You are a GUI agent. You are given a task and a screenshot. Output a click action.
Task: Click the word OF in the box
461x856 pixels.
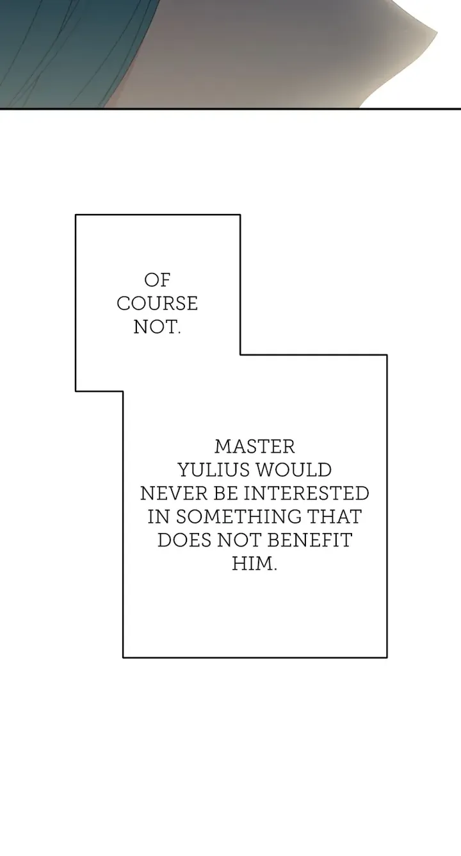coord(157,280)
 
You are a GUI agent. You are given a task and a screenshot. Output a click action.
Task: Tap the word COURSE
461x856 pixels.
coord(157,304)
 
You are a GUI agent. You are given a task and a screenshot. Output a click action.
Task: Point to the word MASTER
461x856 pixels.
coord(255,447)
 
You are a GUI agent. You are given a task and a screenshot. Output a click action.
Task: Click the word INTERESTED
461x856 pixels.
coord(306,493)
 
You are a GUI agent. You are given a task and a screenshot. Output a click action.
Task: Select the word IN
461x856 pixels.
coord(159,516)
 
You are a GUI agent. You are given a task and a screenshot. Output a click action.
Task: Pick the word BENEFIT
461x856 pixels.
coord(309,540)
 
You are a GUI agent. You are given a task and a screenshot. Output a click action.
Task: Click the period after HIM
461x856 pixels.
coord(274,570)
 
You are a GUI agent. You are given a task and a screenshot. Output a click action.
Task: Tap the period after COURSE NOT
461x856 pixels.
coord(179,333)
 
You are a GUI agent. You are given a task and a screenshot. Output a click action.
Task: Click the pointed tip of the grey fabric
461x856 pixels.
coord(436,32)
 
